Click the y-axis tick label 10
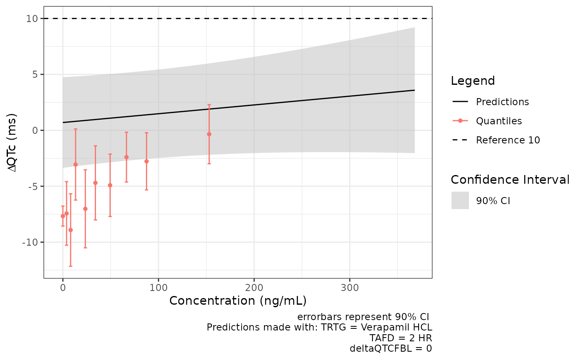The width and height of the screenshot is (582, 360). coord(32,19)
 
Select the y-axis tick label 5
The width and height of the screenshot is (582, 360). coord(35,75)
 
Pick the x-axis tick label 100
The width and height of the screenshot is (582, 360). coord(158,287)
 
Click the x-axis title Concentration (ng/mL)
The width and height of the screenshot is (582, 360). coord(238,300)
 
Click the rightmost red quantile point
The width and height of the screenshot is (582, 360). coord(209,134)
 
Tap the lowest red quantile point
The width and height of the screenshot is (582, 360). coord(71,230)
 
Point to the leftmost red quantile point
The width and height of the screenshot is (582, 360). coord(63,216)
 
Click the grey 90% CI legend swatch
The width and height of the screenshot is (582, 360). coord(460,200)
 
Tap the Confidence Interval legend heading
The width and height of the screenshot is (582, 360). coord(510,180)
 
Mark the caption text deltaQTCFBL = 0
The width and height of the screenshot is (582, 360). coord(391,348)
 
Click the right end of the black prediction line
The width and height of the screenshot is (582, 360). coord(414,90)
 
